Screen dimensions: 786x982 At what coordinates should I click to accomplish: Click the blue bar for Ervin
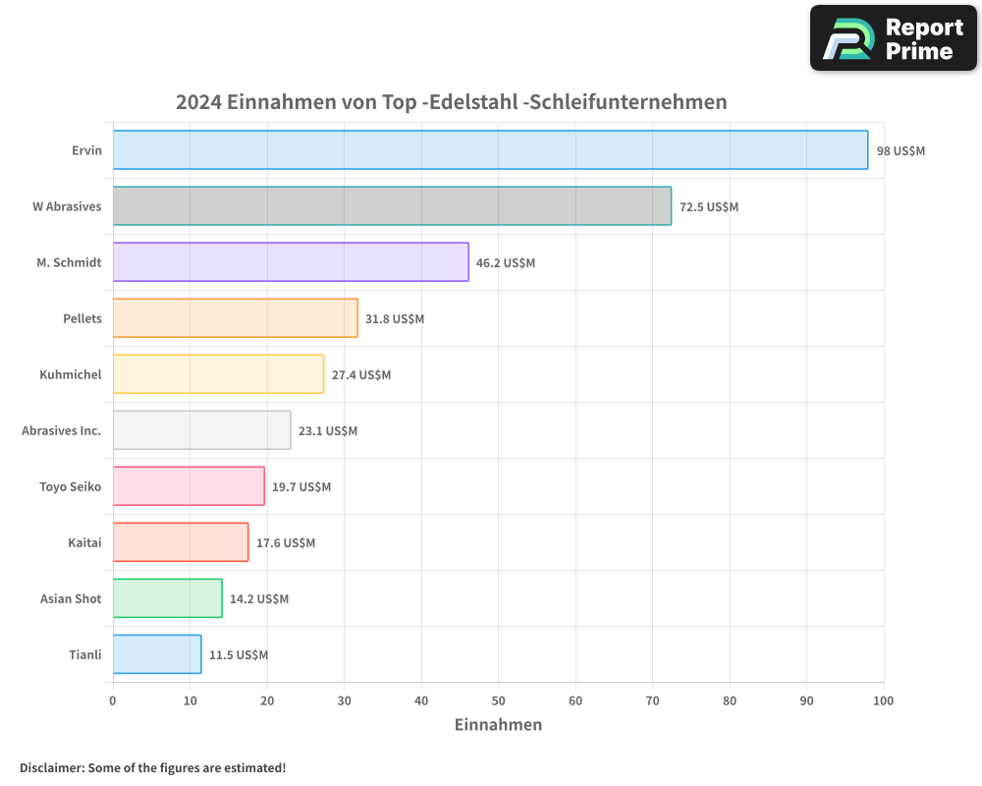pyautogui.click(x=490, y=150)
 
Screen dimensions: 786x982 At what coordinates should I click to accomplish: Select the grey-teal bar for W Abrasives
pyautogui.click(x=392, y=206)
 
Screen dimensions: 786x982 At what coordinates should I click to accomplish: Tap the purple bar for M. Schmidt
pyautogui.click(x=291, y=262)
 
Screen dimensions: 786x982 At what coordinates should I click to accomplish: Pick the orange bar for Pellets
pyautogui.click(x=235, y=318)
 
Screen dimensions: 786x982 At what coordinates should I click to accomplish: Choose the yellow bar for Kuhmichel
pyautogui.click(x=218, y=374)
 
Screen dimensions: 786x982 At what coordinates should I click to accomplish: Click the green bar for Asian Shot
pyautogui.click(x=167, y=598)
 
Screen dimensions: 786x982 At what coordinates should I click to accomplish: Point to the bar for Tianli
pyautogui.click(x=157, y=654)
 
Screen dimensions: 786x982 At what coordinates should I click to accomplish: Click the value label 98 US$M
pyautogui.click(x=900, y=151)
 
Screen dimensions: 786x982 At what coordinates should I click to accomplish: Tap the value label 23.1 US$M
pyautogui.click(x=328, y=431)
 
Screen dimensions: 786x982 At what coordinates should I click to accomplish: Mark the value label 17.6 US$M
pyautogui.click(x=286, y=543)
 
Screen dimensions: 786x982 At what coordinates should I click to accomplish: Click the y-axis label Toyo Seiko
pyautogui.click(x=70, y=487)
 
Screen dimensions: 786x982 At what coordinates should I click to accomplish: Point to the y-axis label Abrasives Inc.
pyautogui.click(x=61, y=431)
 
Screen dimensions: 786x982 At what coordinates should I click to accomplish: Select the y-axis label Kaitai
pyautogui.click(x=84, y=543)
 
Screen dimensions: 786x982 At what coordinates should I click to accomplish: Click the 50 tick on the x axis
pyautogui.click(x=498, y=701)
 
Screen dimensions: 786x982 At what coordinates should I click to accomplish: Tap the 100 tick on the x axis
pyautogui.click(x=883, y=701)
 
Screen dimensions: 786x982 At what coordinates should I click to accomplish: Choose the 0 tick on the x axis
pyautogui.click(x=113, y=701)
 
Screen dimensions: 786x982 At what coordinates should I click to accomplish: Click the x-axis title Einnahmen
pyautogui.click(x=498, y=725)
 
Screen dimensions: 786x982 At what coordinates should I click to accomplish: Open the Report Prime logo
pyautogui.click(x=894, y=38)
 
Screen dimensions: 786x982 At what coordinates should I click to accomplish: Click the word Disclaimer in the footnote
pyautogui.click(x=51, y=768)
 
